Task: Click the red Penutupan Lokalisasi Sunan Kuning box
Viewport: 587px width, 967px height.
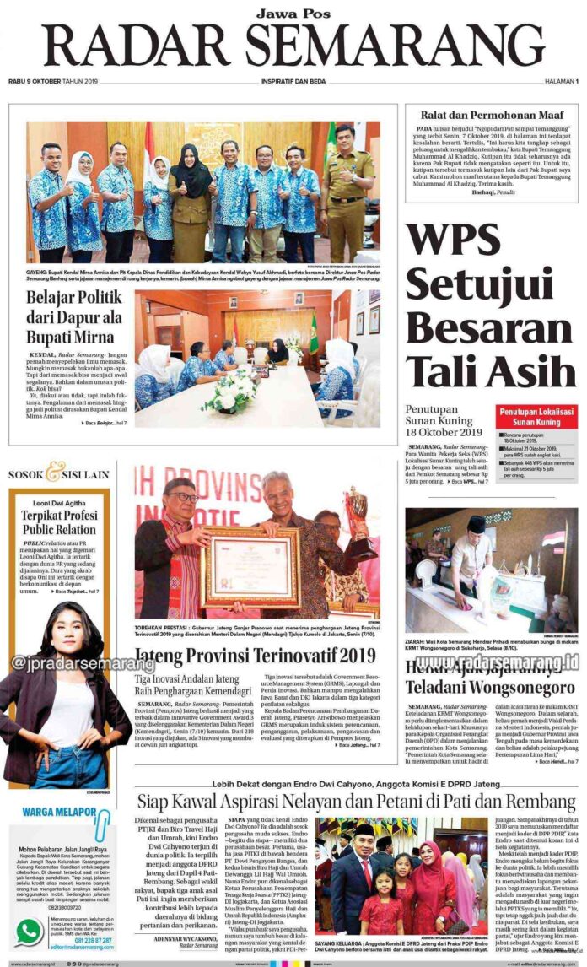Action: [536, 417]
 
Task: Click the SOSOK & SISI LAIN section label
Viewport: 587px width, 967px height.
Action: [59, 474]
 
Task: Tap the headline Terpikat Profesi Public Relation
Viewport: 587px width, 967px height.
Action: [59, 522]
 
